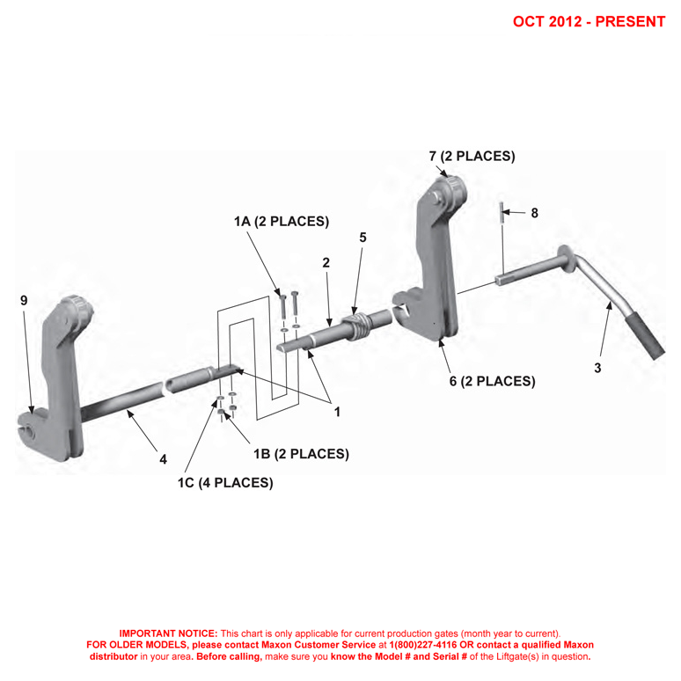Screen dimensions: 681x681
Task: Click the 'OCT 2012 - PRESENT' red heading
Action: tap(589, 21)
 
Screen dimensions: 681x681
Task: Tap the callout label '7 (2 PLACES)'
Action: tap(472, 156)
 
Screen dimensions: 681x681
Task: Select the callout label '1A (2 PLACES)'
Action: tap(282, 222)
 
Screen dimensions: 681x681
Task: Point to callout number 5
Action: tap(362, 238)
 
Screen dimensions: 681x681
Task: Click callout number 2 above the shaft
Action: tap(326, 262)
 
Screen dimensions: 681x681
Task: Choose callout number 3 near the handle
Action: tap(598, 368)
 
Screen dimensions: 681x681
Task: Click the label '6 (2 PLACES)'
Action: tap(492, 381)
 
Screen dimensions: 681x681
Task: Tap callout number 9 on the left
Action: tap(24, 300)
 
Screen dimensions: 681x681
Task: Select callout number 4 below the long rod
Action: tap(162, 458)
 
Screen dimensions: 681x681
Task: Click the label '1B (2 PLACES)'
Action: tap(301, 454)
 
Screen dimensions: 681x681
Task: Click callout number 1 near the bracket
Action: tap(336, 410)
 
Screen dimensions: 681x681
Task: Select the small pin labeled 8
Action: tap(502, 212)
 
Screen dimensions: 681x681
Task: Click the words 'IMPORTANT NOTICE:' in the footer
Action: tap(168, 633)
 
